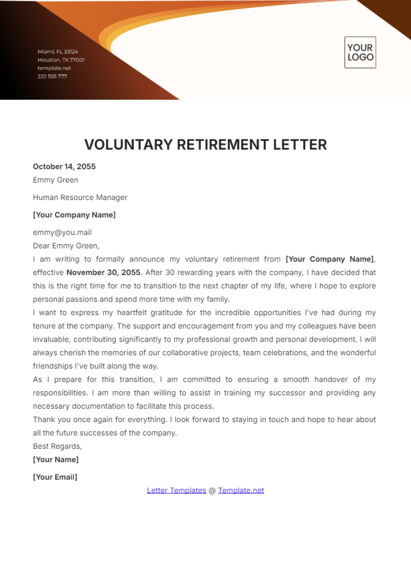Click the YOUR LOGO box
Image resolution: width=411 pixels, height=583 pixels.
click(x=360, y=52)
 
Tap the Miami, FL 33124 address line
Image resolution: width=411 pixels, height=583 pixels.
click(x=58, y=52)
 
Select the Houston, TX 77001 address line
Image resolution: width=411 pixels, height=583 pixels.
click(x=61, y=60)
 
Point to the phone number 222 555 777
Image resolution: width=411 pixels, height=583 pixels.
click(x=52, y=76)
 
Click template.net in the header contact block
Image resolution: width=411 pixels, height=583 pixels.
click(x=54, y=68)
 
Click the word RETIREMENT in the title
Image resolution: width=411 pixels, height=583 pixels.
click(x=223, y=145)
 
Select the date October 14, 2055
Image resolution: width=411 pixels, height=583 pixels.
click(x=64, y=167)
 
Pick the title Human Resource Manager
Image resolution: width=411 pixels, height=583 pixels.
click(x=80, y=197)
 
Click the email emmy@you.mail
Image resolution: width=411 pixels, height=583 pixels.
click(x=62, y=232)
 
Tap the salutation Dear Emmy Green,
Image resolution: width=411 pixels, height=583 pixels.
click(x=66, y=246)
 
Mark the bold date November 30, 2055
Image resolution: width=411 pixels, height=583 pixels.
click(x=103, y=272)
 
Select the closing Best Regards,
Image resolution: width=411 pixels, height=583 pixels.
click(x=57, y=446)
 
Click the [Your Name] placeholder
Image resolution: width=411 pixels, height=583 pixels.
click(x=56, y=460)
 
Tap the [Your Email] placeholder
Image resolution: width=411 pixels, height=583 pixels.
click(x=55, y=477)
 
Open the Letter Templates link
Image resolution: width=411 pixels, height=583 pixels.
click(x=176, y=490)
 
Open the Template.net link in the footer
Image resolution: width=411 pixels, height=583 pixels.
click(x=241, y=490)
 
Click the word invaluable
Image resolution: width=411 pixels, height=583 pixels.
click(x=52, y=339)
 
